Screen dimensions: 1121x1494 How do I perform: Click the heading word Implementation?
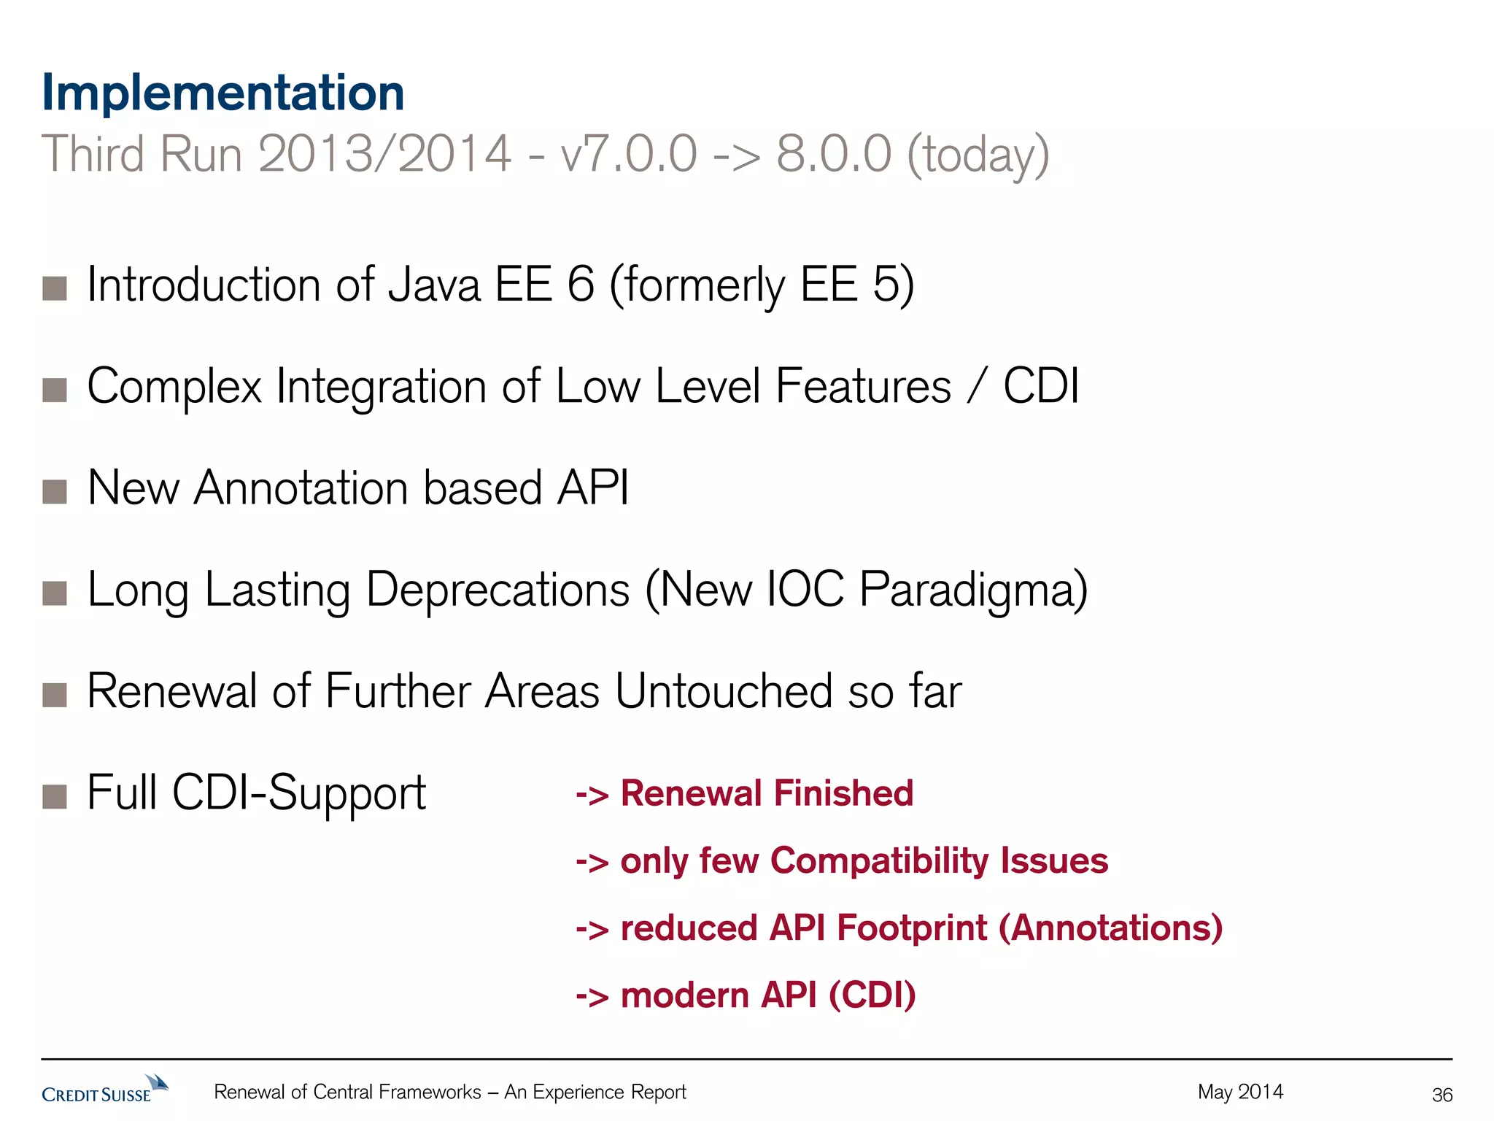[x=222, y=93]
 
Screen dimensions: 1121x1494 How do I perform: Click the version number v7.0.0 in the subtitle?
[x=628, y=155]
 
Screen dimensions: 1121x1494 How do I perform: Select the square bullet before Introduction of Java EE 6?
[x=55, y=288]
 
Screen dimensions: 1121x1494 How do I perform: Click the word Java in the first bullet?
[x=434, y=285]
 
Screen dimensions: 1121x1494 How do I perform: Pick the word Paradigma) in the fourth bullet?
[x=973, y=590]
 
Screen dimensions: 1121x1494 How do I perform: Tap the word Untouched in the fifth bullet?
[x=723, y=691]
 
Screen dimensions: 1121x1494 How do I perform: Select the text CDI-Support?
[x=299, y=794]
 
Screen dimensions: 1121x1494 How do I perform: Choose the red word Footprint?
[x=912, y=928]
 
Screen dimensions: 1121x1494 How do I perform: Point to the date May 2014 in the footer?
[x=1240, y=1092]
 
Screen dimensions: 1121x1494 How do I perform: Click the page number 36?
[x=1442, y=1095]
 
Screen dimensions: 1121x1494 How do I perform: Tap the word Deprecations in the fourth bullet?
[x=498, y=590]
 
